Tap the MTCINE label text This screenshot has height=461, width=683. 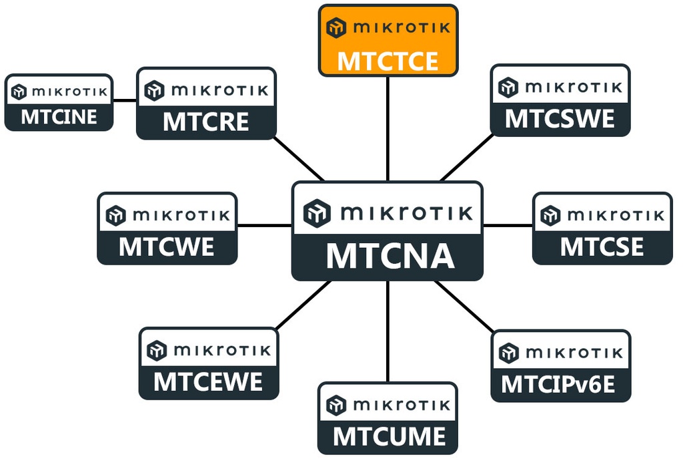click(59, 118)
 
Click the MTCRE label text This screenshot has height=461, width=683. click(206, 122)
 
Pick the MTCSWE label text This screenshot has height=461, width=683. click(560, 119)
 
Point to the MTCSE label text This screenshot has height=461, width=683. click(602, 247)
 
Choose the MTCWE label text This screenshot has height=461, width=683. click(167, 247)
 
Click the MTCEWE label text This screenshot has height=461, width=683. click(208, 382)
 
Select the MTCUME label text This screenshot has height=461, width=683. click(388, 437)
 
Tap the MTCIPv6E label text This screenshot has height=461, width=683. click(559, 384)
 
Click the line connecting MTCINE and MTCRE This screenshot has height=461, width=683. click(125, 102)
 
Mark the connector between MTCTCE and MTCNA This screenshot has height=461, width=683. click(388, 127)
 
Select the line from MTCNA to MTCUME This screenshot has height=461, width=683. click(388, 331)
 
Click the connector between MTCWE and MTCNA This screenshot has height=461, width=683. click(264, 226)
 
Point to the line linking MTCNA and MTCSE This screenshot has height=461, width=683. click(507, 226)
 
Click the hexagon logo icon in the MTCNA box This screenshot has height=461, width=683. click(317, 213)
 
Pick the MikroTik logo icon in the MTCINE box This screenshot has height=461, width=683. click(19, 92)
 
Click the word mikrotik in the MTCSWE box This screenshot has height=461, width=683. click(574, 88)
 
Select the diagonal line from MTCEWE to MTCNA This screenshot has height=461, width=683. click(303, 305)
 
